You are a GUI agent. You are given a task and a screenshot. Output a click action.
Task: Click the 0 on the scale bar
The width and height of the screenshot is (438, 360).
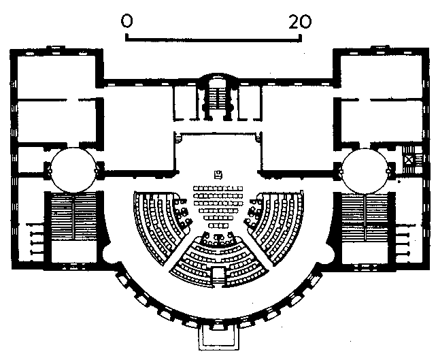[127, 22]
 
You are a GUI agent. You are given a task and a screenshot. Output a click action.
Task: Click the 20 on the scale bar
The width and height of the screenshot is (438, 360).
[299, 22]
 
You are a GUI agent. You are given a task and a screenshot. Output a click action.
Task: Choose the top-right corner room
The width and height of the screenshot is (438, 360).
[377, 75]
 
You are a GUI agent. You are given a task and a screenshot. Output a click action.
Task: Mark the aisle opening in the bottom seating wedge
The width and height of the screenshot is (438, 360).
[218, 276]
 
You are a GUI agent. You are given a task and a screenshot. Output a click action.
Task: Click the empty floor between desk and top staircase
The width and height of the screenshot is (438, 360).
[218, 150]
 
